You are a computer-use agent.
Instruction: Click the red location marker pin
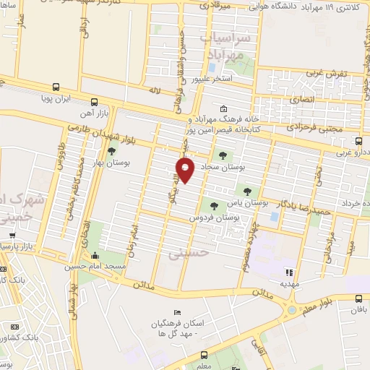pos(185,170)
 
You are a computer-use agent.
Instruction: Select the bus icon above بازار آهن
pos(95,102)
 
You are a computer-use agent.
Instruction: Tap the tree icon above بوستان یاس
pos(248,192)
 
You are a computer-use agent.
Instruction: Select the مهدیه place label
pos(289,285)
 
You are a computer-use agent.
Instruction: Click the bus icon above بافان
pos(358,298)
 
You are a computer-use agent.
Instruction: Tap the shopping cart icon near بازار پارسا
pos(12,235)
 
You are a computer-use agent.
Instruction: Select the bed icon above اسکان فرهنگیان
pos(167,312)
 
